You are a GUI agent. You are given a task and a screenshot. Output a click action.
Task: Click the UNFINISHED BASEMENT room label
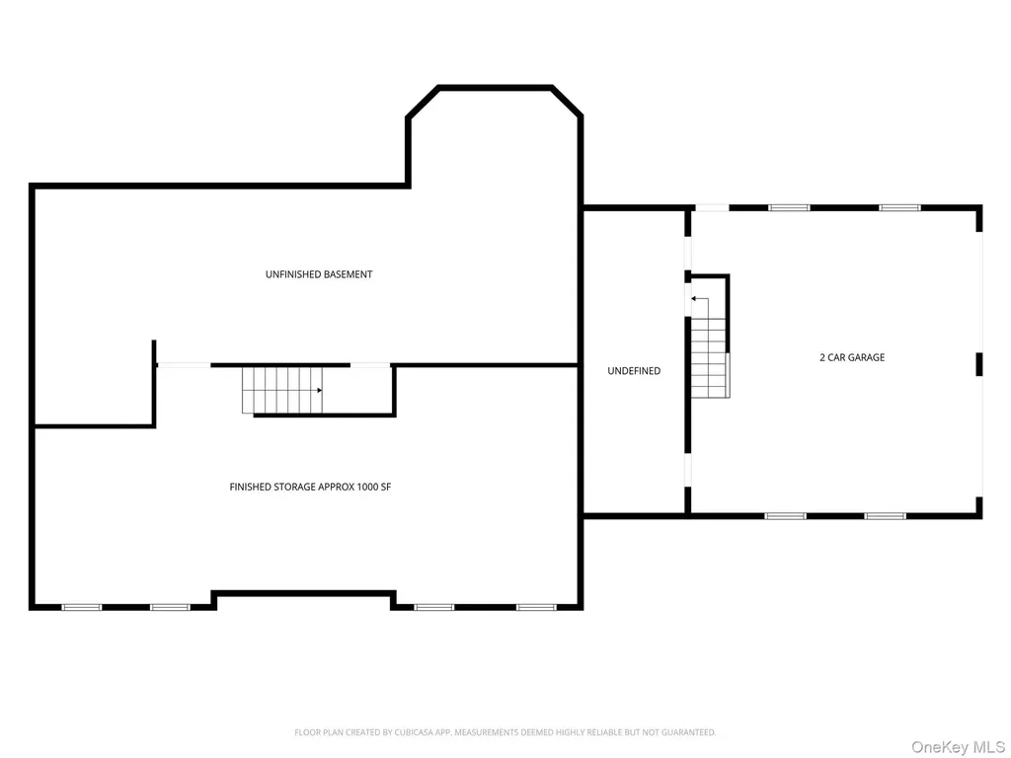click(319, 274)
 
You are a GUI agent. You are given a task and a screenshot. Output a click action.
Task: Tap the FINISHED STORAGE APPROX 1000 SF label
click(310, 487)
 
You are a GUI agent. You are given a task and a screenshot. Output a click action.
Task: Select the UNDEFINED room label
click(634, 371)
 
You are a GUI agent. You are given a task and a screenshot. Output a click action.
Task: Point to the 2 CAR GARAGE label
click(852, 357)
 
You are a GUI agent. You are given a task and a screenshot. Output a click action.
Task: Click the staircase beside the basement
click(282, 390)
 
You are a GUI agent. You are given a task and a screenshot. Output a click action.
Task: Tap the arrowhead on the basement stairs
click(319, 390)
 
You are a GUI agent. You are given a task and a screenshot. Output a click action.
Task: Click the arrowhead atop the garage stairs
click(694, 298)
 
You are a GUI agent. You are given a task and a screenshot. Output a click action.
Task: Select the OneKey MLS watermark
click(958, 747)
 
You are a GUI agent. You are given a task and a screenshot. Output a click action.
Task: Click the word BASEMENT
click(348, 274)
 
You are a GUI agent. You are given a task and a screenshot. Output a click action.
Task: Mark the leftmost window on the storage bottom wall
click(81, 607)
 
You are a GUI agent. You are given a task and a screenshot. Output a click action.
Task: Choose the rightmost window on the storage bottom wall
click(536, 607)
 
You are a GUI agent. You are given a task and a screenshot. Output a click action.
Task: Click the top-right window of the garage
click(900, 207)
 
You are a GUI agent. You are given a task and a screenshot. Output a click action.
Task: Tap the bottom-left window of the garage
click(785, 515)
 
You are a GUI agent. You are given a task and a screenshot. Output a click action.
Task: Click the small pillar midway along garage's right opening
click(978, 364)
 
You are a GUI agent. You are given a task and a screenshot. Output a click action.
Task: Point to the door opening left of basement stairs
click(184, 365)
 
